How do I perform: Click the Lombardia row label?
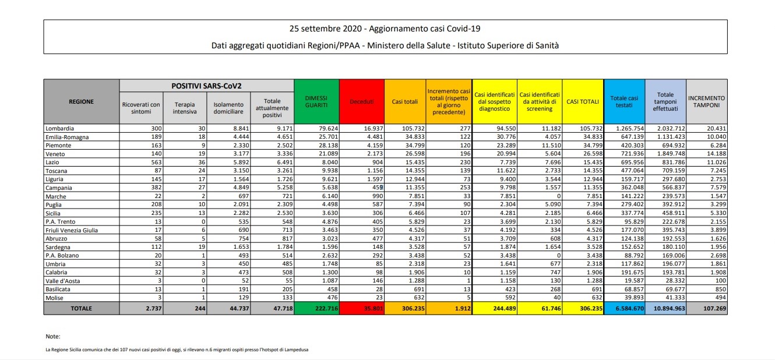pyautogui.click(x=59, y=128)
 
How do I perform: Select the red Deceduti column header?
pyautogui.click(x=361, y=101)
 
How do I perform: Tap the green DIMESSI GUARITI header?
pyautogui.click(x=316, y=101)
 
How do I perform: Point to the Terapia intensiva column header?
pyautogui.click(x=185, y=108)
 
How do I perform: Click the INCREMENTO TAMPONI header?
pyautogui.click(x=706, y=101)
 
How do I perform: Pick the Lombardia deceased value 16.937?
pyautogui.click(x=371, y=128)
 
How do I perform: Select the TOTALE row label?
pyautogui.click(x=81, y=308)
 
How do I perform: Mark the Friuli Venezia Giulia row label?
pyautogui.click(x=72, y=230)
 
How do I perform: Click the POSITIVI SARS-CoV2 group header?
pyautogui.click(x=206, y=86)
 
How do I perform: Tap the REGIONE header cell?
pyautogui.click(x=81, y=101)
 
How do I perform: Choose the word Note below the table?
pyautogui.click(x=52, y=337)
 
